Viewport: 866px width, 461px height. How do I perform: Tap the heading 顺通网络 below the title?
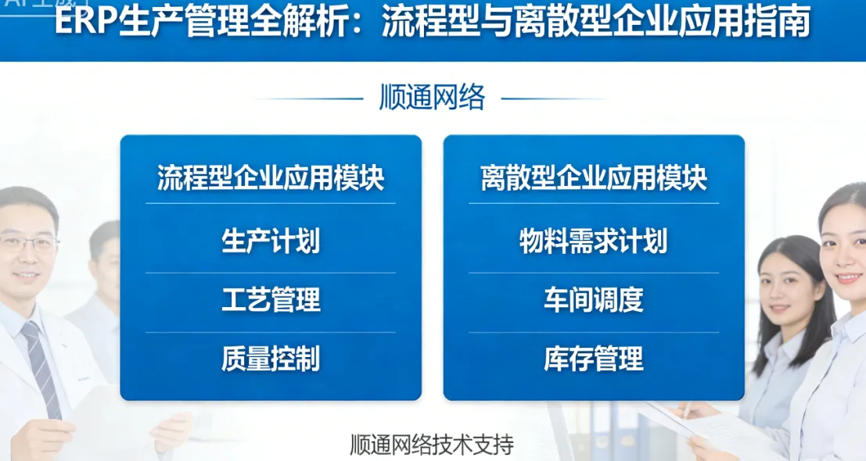[x=432, y=98]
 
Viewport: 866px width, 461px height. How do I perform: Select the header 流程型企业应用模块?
[x=271, y=179]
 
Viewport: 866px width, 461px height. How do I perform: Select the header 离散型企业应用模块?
[x=594, y=179]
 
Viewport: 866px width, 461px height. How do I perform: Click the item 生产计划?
[x=271, y=241]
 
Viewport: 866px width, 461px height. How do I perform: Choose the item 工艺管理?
[x=271, y=300]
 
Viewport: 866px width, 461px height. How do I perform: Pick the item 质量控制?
[x=271, y=359]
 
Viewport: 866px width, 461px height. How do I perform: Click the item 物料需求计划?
[x=594, y=241]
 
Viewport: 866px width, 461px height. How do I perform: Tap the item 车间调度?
[x=594, y=300]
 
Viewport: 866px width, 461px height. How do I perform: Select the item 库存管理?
[x=594, y=359]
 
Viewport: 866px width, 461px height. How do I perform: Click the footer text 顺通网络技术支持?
[x=432, y=445]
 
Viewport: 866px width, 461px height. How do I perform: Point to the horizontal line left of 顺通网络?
[x=309, y=99]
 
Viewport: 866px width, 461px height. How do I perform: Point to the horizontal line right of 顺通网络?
[x=554, y=99]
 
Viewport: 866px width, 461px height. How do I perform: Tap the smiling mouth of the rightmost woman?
[x=851, y=278]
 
